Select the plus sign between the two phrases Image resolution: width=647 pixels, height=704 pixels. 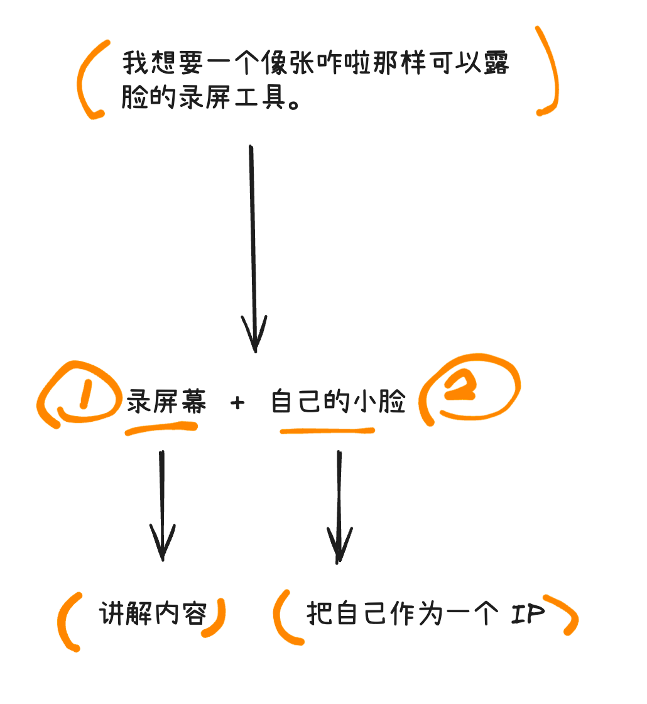click(x=237, y=403)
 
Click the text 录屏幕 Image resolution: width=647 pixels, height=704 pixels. click(x=166, y=401)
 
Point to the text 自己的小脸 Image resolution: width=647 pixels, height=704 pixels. click(x=339, y=401)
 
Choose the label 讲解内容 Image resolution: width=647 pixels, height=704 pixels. click(x=153, y=613)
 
